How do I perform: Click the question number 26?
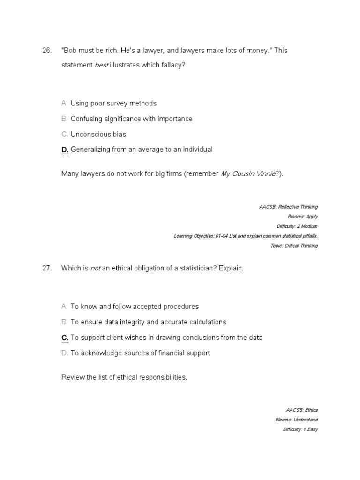click(46, 51)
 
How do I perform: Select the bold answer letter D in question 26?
click(65, 150)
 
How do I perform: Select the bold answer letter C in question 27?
click(65, 337)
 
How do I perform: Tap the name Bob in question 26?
click(70, 51)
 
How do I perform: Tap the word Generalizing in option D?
click(90, 150)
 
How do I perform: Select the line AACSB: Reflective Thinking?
click(288, 207)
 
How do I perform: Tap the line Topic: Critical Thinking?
click(294, 246)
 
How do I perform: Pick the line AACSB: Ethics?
click(301, 410)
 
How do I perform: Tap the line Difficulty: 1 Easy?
click(300, 429)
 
